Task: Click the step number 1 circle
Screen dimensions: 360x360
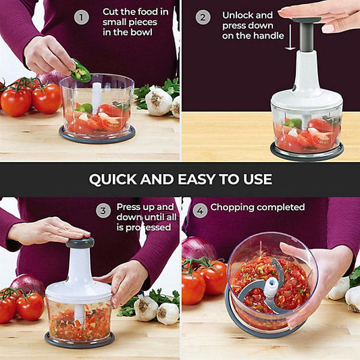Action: coord(81,17)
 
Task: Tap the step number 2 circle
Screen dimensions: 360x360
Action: coord(203,17)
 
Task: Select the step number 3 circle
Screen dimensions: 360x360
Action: coord(103,211)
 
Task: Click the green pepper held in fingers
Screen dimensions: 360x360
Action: coord(81,70)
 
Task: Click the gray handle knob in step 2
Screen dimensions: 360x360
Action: coord(307,22)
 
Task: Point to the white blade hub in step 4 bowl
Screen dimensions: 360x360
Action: coord(271,287)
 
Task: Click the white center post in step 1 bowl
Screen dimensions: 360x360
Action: coord(97,98)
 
